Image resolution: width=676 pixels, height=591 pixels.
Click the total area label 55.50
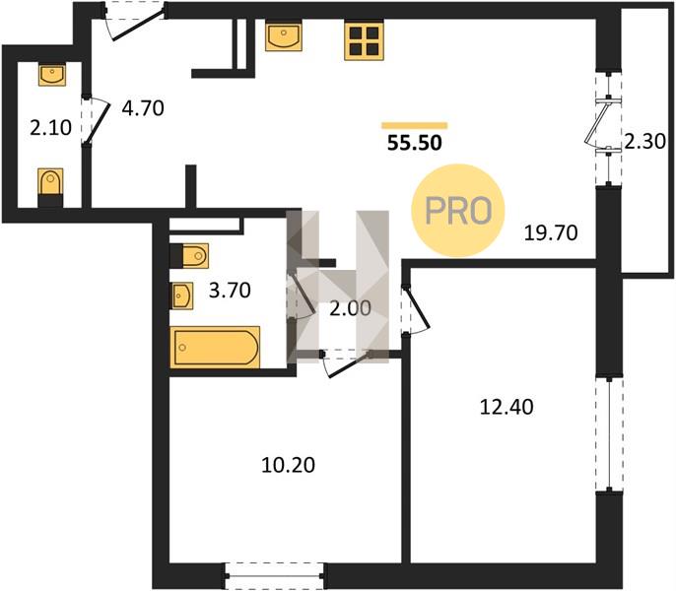point(414,143)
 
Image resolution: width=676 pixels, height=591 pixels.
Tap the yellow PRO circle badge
point(458,211)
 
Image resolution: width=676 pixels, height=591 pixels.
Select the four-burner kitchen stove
point(365,41)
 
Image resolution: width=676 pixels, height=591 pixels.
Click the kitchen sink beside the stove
point(284,36)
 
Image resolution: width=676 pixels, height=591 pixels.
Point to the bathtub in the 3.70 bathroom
point(215,347)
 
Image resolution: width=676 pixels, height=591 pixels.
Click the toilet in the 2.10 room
point(50,187)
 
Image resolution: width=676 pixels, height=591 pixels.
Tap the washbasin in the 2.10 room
point(52,75)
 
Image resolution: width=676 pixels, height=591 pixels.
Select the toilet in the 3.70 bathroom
point(189,256)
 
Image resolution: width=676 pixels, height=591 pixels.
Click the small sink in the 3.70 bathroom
point(182,295)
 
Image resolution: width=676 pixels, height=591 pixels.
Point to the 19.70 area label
point(551,232)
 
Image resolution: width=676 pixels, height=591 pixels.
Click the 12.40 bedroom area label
point(507,407)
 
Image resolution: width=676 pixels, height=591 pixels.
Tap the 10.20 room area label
point(288,465)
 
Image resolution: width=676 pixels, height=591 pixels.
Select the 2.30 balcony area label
point(644,141)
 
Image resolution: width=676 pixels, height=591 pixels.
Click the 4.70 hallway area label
point(143,108)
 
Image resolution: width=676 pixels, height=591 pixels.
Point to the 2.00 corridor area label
point(350,308)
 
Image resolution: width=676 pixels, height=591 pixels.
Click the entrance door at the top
point(134,21)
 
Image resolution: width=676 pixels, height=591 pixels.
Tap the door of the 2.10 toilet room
point(96,121)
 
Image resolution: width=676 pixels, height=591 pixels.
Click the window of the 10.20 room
point(274,575)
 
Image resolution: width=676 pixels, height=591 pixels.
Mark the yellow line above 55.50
point(414,125)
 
